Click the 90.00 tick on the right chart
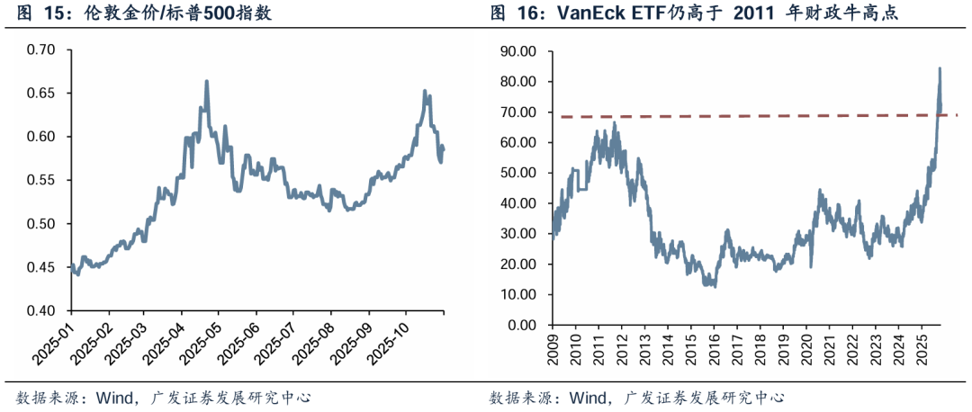point(517,51)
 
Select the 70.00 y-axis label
point(517,112)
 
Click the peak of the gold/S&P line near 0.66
point(207,82)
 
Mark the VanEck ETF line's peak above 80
point(940,68)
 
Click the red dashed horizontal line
point(720,116)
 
